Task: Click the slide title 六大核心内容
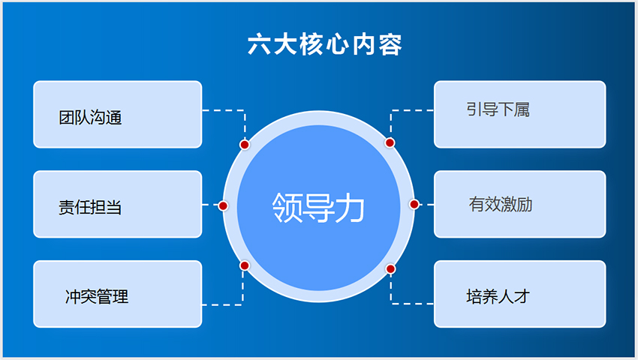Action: pos(325,44)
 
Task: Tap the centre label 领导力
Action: pos(318,208)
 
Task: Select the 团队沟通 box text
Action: pos(90,117)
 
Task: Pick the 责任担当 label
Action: pos(90,207)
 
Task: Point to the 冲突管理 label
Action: pos(97,296)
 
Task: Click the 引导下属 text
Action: pos(498,109)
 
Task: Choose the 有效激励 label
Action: pos(501,204)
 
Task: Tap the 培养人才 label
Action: pos(498,296)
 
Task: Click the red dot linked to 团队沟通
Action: pos(245,145)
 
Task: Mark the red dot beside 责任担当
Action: pos(223,205)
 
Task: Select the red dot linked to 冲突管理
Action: pos(245,265)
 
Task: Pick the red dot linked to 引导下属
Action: pos(390,142)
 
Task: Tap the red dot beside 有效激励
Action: pos(414,204)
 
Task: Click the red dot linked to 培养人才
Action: pos(390,269)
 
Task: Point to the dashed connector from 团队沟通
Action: pos(245,110)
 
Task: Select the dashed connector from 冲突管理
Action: pos(243,304)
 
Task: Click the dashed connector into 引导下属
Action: pos(391,110)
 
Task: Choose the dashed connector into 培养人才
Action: pos(391,304)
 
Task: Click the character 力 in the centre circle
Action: pos(350,208)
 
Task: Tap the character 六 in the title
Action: pos(259,44)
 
